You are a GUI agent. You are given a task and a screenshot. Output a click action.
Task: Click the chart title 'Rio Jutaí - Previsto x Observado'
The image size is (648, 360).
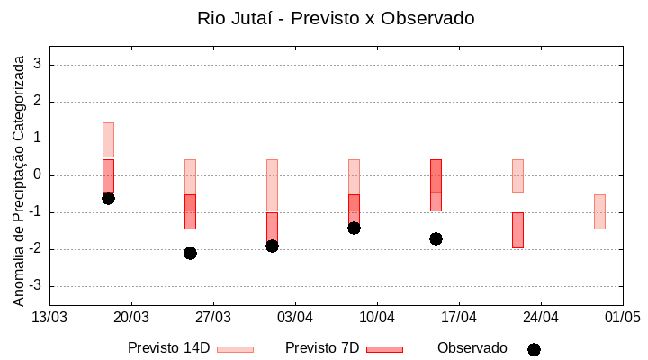coord(336,18)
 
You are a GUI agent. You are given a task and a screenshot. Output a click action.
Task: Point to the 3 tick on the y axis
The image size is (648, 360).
coord(38,65)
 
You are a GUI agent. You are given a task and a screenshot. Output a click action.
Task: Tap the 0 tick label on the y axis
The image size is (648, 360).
coord(38,175)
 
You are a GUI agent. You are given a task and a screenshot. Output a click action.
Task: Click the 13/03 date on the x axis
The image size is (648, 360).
coord(49,317)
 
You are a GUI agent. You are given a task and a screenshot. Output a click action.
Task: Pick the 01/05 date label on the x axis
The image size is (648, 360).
coord(622,317)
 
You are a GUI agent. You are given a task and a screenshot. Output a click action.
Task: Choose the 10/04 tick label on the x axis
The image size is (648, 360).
coord(377,317)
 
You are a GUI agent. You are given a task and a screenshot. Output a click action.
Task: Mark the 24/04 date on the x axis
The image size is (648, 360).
coord(540,317)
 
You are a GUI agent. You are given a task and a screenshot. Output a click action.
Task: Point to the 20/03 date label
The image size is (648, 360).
coord(131,317)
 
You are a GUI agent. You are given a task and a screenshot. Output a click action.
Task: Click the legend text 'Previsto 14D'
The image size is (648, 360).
coord(169,348)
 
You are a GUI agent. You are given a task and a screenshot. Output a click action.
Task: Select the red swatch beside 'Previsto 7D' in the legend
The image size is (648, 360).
coord(384,349)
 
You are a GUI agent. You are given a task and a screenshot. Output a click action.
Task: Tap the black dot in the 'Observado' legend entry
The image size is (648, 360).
coord(534,349)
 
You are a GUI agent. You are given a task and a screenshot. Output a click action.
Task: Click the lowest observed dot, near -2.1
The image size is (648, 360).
coord(190,253)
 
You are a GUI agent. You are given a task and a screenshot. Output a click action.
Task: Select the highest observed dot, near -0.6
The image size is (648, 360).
coord(108,198)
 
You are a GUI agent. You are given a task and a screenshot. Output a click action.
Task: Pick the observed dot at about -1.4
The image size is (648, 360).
coord(354,228)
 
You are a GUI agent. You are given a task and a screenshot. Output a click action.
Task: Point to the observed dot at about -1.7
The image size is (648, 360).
coord(436,238)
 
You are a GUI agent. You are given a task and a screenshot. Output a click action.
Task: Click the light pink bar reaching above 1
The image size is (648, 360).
coord(108,139)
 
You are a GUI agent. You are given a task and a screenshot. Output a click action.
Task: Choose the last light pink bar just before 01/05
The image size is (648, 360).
coord(599,211)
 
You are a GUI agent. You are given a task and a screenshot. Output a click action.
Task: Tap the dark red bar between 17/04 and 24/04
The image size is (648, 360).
coord(517,229)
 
